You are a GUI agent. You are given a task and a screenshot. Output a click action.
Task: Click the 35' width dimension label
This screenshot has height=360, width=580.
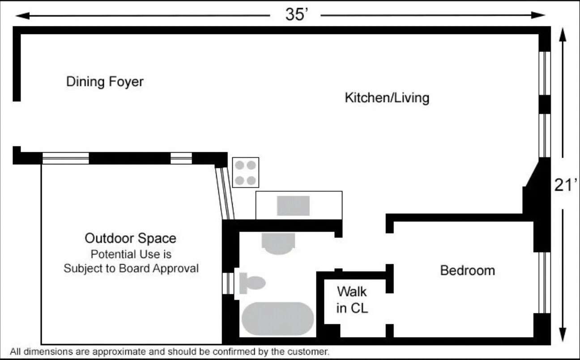(x=297, y=15)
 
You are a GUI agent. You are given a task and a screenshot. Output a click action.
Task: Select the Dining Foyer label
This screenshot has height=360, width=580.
(x=105, y=82)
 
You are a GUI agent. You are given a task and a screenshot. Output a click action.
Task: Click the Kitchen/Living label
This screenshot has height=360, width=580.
(x=387, y=98)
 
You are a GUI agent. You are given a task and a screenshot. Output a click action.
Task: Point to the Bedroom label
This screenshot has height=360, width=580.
(x=468, y=270)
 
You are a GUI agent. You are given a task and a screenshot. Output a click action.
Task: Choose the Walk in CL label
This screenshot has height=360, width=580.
(x=352, y=300)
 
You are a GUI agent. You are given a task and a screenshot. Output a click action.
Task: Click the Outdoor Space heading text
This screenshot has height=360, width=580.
(x=131, y=238)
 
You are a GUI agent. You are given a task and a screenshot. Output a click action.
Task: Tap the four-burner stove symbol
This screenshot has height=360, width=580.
(x=245, y=172)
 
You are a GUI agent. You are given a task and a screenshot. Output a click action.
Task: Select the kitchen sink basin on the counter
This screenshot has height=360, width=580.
(x=293, y=206)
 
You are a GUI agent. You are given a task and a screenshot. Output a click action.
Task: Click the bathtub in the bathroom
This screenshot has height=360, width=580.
(x=277, y=319)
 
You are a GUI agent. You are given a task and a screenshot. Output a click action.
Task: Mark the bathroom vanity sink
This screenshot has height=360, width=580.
(x=278, y=244)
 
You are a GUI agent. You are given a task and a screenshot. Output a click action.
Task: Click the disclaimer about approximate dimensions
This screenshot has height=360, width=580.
(x=170, y=351)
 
